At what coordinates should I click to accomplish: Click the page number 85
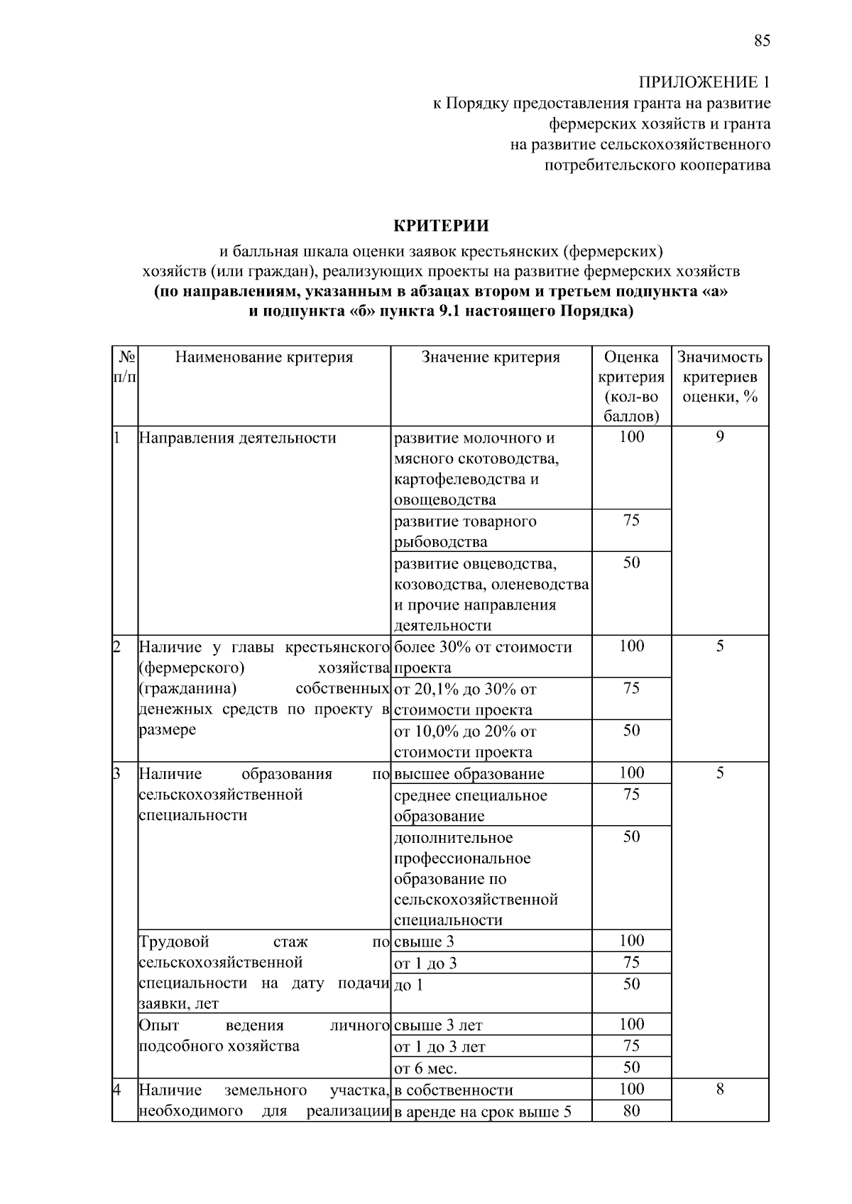[x=762, y=40]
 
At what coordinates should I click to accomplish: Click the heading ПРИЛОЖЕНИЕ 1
[x=704, y=82]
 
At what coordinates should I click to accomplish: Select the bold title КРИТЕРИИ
[x=441, y=226]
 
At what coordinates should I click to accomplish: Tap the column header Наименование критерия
[x=264, y=357]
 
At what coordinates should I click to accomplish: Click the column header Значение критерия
[x=491, y=357]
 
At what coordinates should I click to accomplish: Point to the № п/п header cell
[x=125, y=367]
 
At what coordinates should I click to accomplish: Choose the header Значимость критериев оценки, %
[x=719, y=377]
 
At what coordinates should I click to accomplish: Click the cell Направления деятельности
[x=238, y=438]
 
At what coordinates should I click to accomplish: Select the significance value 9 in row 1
[x=719, y=437]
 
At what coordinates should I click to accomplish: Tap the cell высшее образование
[x=469, y=774]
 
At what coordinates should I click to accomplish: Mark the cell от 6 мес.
[x=426, y=1068]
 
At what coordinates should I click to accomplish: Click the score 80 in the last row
[x=631, y=1111]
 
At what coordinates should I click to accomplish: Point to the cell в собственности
[x=454, y=1090]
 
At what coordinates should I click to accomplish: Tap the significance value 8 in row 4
[x=719, y=1089]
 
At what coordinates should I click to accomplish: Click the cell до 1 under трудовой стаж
[x=408, y=985]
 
